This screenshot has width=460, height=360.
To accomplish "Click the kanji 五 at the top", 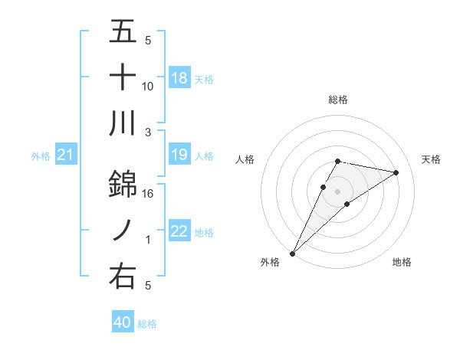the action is pyautogui.click(x=123, y=32).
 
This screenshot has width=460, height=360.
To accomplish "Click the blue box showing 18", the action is pyautogui.click(x=179, y=78).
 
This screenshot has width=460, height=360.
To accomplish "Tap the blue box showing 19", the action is pyautogui.click(x=179, y=155).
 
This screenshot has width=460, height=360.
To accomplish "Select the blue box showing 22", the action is pyautogui.click(x=179, y=232).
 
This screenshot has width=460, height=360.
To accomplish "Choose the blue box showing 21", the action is pyautogui.click(x=65, y=156).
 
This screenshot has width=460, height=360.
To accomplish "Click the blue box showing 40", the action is pyautogui.click(x=123, y=323).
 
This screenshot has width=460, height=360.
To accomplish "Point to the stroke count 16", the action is pyautogui.click(x=148, y=194).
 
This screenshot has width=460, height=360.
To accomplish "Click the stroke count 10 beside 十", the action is pyautogui.click(x=148, y=86).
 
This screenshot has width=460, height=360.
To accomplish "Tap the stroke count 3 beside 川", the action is pyautogui.click(x=148, y=132).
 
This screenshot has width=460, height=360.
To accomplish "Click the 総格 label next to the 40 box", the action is pyautogui.click(x=147, y=324).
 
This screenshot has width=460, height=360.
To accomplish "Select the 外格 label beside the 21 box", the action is pyautogui.click(x=41, y=156).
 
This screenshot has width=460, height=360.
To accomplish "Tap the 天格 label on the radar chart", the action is pyautogui.click(x=432, y=159).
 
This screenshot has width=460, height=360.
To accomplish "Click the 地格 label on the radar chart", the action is pyautogui.click(x=402, y=262).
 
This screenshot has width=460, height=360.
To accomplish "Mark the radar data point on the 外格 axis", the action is pyautogui.click(x=292, y=253).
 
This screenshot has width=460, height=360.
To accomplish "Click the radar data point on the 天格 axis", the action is pyautogui.click(x=396, y=172).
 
